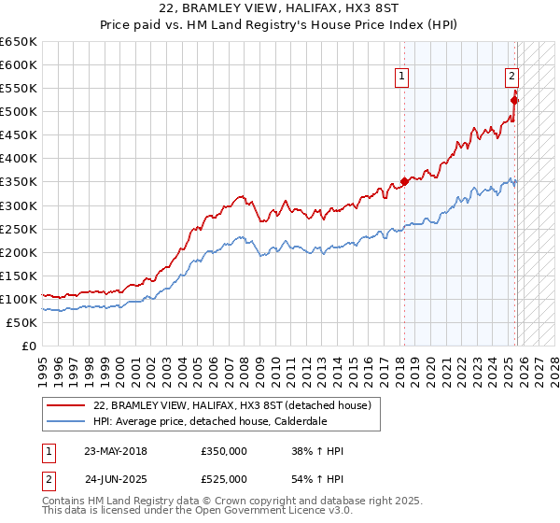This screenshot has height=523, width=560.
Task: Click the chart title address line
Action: click(x=279, y=7)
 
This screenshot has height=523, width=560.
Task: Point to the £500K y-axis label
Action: click(x=19, y=112)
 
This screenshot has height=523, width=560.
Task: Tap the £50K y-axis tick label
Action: click(x=22, y=322)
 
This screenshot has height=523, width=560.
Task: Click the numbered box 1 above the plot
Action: click(x=402, y=77)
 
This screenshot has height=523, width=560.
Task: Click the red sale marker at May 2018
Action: click(x=404, y=181)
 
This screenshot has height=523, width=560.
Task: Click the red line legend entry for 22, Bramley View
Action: click(x=232, y=405)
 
